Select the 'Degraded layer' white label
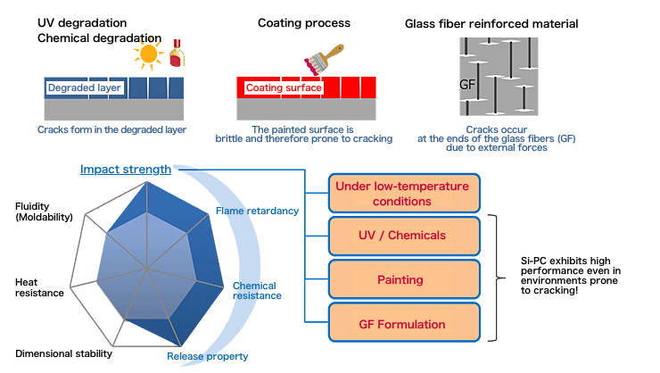click(84, 88)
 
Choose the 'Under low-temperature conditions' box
click(404, 194)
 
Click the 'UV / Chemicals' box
click(404, 236)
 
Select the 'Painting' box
click(404, 279)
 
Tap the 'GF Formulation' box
click(404, 323)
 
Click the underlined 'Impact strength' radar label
click(126, 170)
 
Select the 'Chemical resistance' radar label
click(258, 290)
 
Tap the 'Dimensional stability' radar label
click(63, 353)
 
